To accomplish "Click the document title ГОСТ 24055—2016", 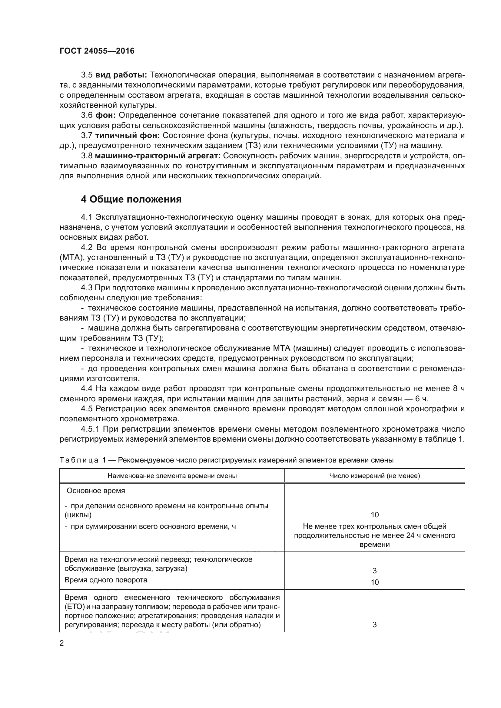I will tap(97, 51).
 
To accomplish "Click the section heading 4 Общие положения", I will tap(131, 199).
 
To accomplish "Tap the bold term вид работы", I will tap(121, 75).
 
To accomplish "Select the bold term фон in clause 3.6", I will tap(105, 116).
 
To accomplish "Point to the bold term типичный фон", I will tap(127, 136).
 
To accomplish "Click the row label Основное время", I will tap(96, 491).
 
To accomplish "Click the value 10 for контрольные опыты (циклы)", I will tap(374, 515).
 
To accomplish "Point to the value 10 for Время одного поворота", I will tap(374, 582).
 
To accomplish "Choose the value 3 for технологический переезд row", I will tap(374, 571).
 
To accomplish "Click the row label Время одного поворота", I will tap(106, 580).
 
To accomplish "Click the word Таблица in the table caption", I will tap(79, 460).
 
